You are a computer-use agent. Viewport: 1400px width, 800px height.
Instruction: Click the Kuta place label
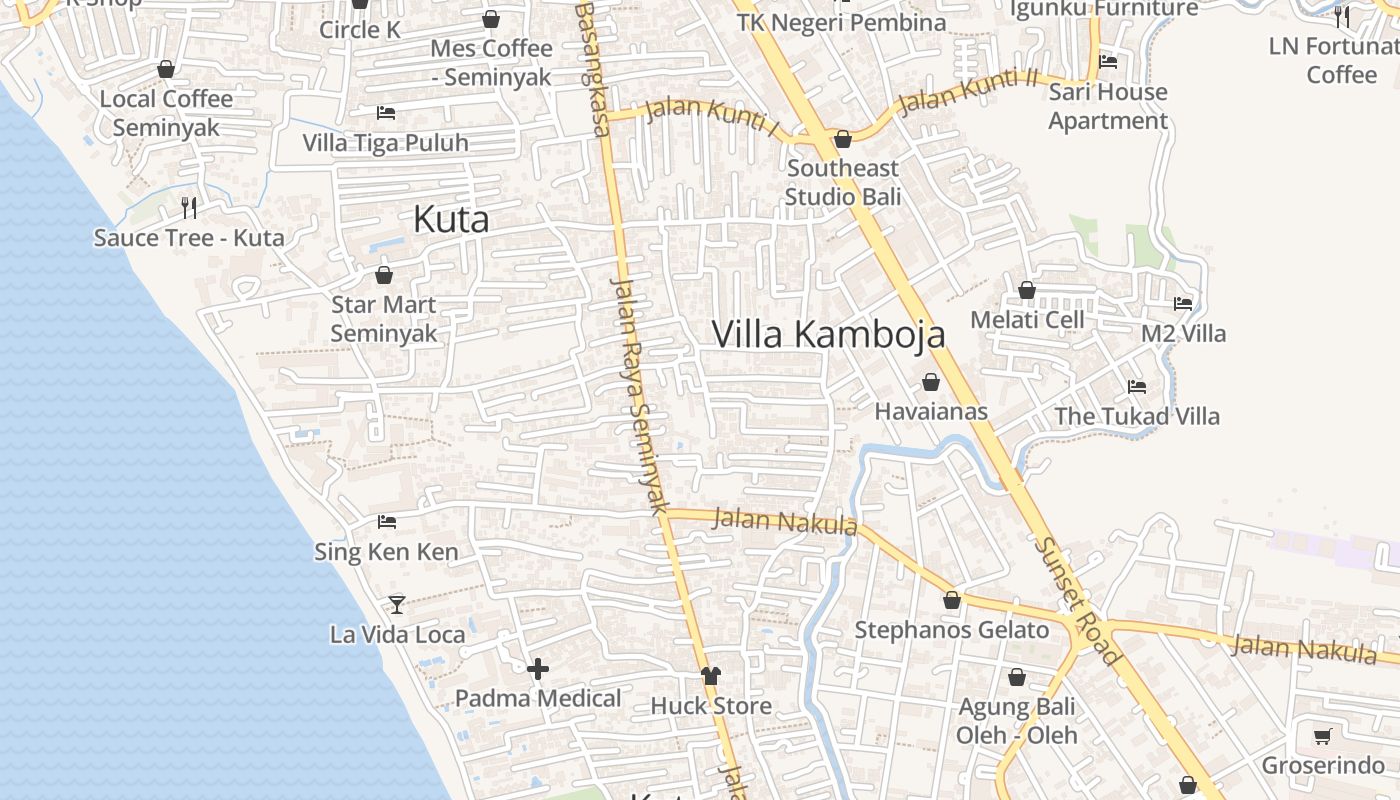point(451,220)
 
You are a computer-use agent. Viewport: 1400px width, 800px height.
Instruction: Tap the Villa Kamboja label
point(828,334)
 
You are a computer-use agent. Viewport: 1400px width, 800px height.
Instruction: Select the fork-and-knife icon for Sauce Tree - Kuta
point(189,208)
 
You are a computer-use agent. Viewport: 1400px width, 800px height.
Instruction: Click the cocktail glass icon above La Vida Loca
point(397,604)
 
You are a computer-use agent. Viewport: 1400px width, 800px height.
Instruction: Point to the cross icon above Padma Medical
point(538,669)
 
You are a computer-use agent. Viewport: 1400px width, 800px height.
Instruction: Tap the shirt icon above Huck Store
point(711,676)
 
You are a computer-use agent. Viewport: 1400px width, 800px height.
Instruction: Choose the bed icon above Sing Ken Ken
point(387,522)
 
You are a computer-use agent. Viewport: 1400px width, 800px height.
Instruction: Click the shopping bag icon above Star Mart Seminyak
point(384,275)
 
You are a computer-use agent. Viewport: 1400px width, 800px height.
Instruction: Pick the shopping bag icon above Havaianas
point(931,382)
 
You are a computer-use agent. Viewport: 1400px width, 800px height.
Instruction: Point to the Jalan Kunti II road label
point(968,91)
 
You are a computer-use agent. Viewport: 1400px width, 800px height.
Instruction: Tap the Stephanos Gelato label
point(951,630)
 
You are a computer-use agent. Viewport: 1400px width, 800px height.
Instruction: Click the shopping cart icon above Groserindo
point(1322,737)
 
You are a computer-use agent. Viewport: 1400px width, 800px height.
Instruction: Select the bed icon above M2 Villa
point(1183,303)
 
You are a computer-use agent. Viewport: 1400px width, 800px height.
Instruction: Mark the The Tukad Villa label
point(1137,416)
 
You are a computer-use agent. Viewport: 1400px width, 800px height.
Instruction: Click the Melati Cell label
point(1027,320)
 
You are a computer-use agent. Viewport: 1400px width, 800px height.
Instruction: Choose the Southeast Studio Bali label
point(843,182)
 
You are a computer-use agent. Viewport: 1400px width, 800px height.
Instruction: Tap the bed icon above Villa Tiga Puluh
point(386,113)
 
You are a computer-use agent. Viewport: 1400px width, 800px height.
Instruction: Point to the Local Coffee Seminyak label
point(166,113)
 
